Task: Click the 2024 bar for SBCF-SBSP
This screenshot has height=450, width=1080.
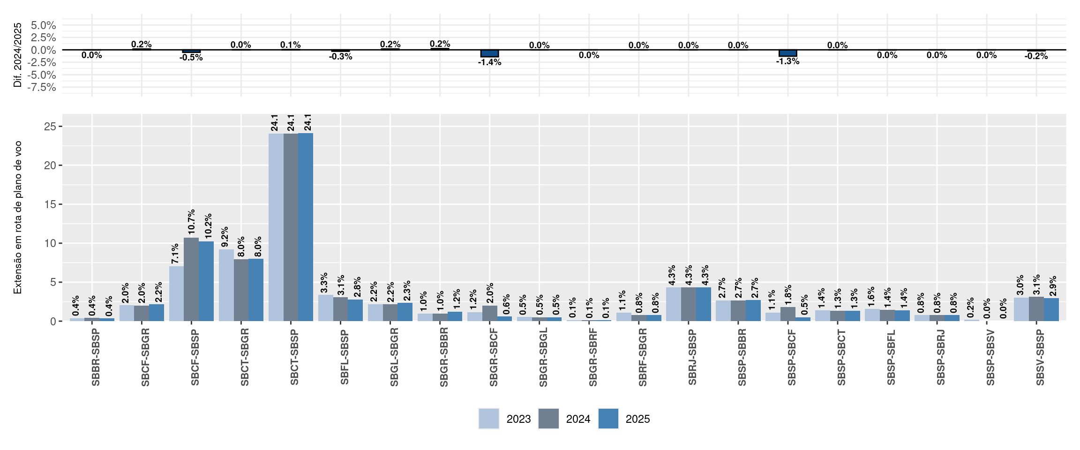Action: click(191, 279)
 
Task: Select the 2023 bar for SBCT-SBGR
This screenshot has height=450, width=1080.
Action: click(226, 285)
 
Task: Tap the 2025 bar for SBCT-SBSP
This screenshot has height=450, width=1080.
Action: click(306, 227)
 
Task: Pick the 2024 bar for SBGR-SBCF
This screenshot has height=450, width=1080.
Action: click(490, 313)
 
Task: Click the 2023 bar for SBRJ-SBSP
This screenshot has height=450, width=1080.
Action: click(674, 304)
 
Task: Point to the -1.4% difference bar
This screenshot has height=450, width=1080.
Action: click(490, 53)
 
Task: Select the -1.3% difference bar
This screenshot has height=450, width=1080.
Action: click(788, 53)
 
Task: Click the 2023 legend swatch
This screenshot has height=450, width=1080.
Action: click(489, 419)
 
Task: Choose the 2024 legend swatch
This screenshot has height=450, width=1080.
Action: click(548, 419)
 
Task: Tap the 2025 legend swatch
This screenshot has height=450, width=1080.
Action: click(608, 419)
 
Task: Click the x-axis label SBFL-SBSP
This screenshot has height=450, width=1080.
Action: click(345, 358)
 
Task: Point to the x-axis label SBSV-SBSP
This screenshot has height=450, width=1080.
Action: click(1040, 358)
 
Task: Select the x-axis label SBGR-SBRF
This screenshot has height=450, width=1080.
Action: click(593, 358)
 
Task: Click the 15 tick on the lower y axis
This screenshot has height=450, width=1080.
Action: click(51, 204)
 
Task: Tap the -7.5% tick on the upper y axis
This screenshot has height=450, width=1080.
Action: click(42, 87)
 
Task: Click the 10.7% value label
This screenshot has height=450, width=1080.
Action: click(191, 222)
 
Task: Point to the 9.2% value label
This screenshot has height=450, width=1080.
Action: click(225, 237)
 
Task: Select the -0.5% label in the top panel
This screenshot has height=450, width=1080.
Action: click(191, 58)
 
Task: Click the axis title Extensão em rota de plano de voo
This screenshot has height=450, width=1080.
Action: click(18, 217)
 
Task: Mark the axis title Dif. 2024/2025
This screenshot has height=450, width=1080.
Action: click(18, 55)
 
